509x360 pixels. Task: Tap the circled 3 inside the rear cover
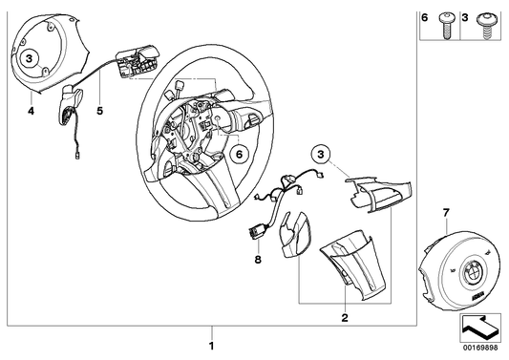(x=31, y=58)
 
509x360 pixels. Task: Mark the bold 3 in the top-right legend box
(x=466, y=18)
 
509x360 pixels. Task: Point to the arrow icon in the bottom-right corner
(x=477, y=330)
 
